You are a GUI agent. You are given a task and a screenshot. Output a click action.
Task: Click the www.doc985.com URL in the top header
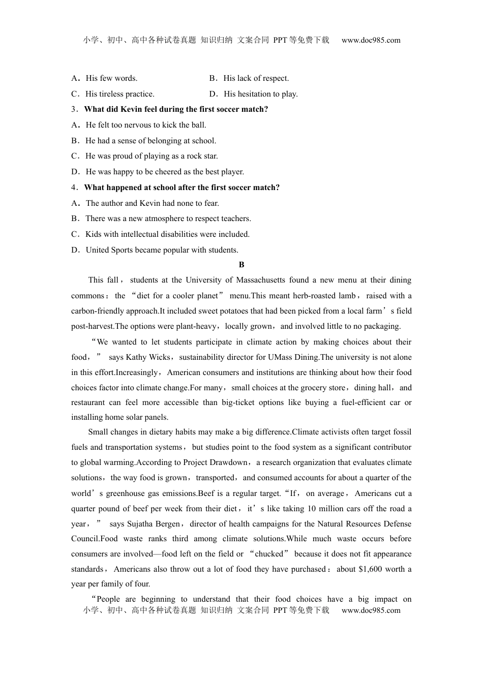point(371,40)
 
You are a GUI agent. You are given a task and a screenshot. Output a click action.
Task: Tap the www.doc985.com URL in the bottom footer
point(371,610)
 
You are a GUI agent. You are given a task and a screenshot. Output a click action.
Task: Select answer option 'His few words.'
point(111,78)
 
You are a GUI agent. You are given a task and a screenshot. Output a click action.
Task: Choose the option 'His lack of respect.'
point(256,78)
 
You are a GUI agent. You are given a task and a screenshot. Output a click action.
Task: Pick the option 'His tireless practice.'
point(119,94)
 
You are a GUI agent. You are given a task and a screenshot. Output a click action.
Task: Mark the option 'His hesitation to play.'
point(260,94)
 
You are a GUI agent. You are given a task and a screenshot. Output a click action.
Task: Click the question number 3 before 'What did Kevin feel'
point(74,109)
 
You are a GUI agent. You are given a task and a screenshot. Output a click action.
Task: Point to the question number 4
point(74,188)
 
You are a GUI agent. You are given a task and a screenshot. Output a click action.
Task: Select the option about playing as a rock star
point(151,156)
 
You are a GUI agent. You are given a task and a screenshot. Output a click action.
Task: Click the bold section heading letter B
point(242,265)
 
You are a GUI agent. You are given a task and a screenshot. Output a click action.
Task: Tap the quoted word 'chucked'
point(269,554)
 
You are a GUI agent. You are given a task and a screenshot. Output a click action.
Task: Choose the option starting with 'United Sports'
point(162,250)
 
